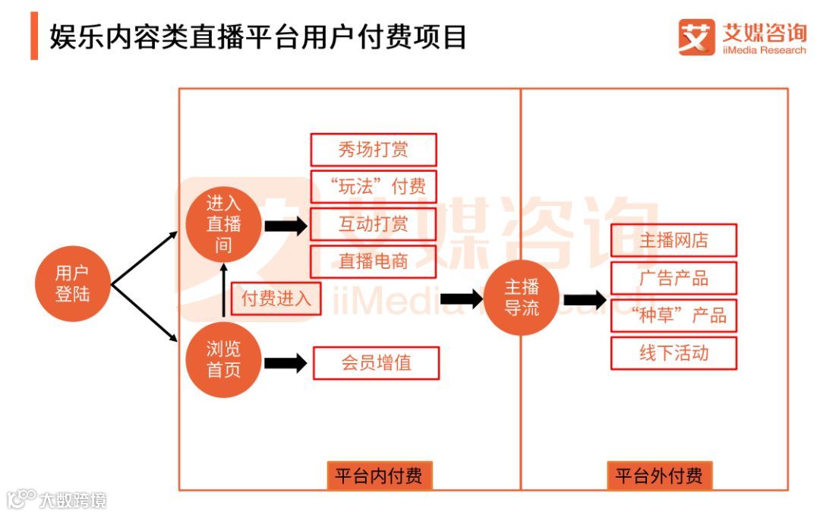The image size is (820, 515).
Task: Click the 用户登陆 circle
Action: [72, 284]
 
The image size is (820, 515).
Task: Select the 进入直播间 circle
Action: [223, 225]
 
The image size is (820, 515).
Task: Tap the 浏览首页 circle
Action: [223, 360]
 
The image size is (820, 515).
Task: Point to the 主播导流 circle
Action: [522, 299]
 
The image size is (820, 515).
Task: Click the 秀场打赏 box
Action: [374, 150]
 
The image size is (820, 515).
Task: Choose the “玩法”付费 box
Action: [374, 186]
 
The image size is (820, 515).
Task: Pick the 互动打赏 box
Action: [374, 223]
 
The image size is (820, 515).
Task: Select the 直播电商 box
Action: [374, 261]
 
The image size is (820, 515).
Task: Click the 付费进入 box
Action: [276, 299]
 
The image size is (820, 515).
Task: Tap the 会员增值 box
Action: [376, 362]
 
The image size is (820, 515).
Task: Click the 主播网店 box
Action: [673, 240]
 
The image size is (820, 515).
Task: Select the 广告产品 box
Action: [673, 278]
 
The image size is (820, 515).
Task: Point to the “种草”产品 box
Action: [673, 315]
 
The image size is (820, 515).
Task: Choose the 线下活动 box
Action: [673, 353]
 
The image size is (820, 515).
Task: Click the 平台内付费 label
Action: [379, 476]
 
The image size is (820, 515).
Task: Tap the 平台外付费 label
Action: [659, 476]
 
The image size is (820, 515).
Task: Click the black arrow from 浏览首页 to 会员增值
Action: [285, 363]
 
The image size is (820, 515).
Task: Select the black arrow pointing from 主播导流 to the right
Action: [585, 300]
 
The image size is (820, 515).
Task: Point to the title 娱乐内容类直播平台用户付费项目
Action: [258, 36]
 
